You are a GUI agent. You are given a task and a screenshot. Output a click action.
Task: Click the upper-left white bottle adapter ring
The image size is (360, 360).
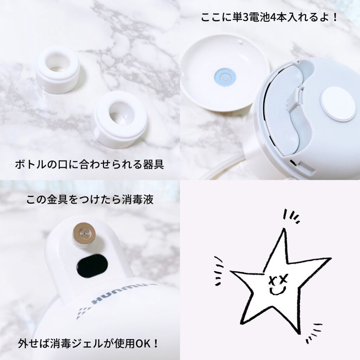point(57,69)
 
